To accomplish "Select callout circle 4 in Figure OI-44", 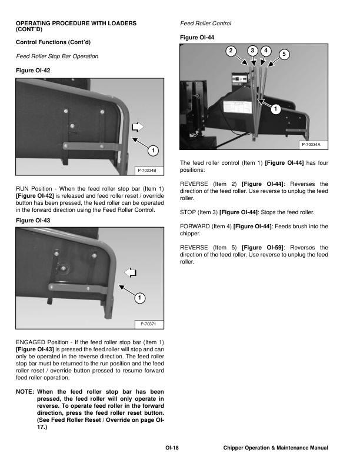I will [x=266, y=51].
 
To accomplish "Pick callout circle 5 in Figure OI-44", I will [x=285, y=55].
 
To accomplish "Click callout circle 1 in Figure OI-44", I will [x=276, y=109].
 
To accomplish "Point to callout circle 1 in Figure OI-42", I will [x=152, y=151].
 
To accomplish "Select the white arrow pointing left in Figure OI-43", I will [x=132, y=271].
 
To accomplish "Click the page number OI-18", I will [x=172, y=448].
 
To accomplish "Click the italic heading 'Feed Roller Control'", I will [x=205, y=24].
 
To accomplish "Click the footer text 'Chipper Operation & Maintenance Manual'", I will [x=275, y=448].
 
